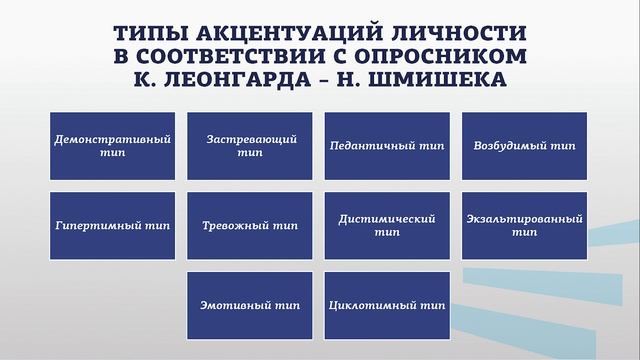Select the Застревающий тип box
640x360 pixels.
pos(250,146)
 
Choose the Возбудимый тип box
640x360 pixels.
pos(524,146)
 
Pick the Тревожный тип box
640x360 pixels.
pos(250,225)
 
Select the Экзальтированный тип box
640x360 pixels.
pos(524,225)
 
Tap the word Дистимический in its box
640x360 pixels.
pos(387,218)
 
